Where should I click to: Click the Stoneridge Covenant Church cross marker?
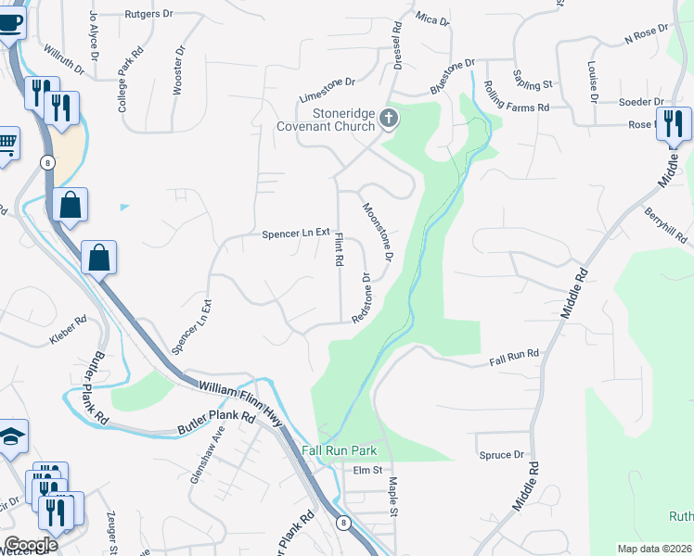[x=389, y=118]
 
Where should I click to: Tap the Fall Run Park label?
[x=340, y=450]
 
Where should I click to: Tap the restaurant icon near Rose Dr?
[x=673, y=123]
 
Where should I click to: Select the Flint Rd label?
[x=339, y=250]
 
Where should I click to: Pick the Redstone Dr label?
[x=362, y=297]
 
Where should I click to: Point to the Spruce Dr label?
[x=502, y=455]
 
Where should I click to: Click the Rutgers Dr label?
[x=148, y=16]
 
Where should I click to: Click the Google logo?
[x=31, y=545]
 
